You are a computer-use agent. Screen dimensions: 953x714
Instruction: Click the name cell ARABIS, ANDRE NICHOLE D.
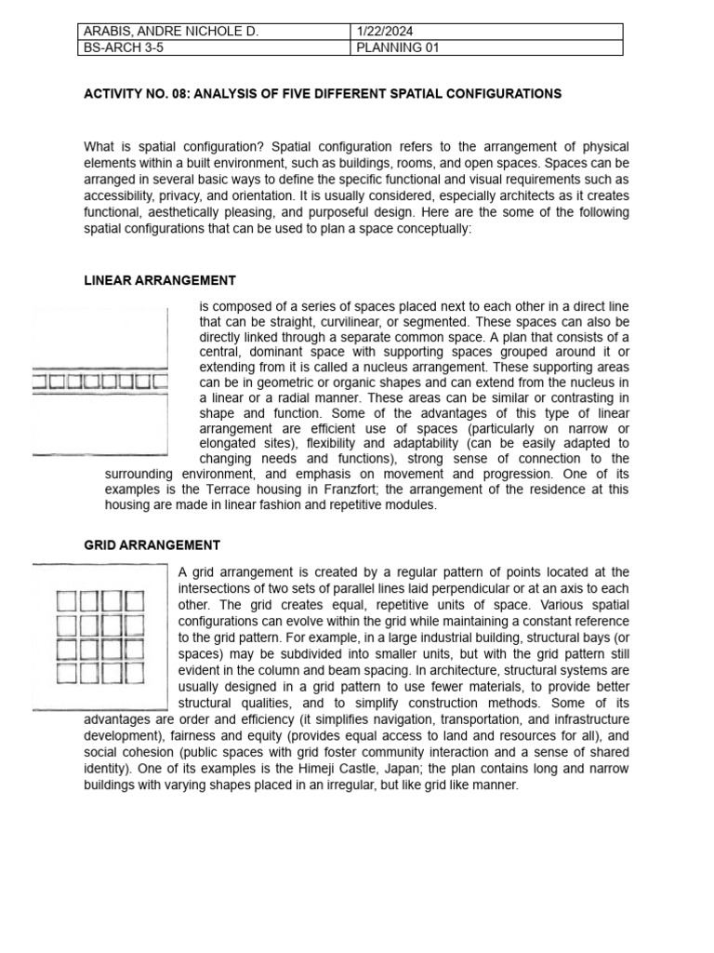[167, 32]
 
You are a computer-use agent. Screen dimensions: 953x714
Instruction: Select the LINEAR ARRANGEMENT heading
[160, 280]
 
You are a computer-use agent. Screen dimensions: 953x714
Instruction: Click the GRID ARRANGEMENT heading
[152, 545]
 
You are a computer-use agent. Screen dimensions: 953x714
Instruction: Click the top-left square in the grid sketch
[68, 602]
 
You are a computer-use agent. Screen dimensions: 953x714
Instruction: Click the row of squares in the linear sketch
[99, 382]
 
